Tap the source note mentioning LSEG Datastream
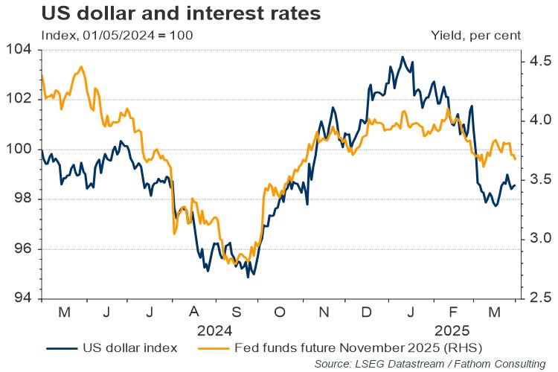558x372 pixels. click(430, 364)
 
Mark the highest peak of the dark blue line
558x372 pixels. click(403, 57)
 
